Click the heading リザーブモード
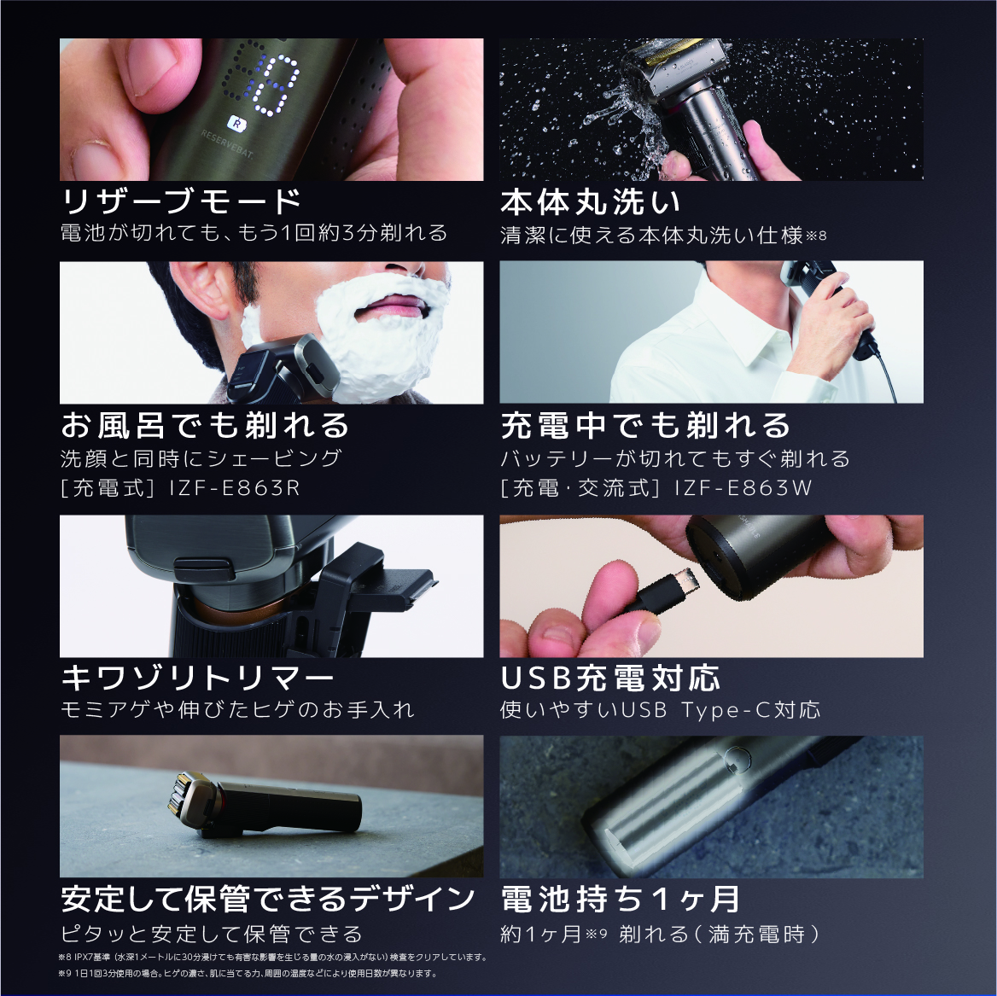(x=181, y=202)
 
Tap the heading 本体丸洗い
(x=591, y=202)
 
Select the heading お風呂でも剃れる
(x=205, y=424)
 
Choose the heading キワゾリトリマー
(x=197, y=679)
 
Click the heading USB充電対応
(x=610, y=679)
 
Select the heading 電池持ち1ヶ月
(x=620, y=899)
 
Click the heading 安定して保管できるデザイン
(x=268, y=899)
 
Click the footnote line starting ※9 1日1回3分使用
(x=248, y=974)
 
